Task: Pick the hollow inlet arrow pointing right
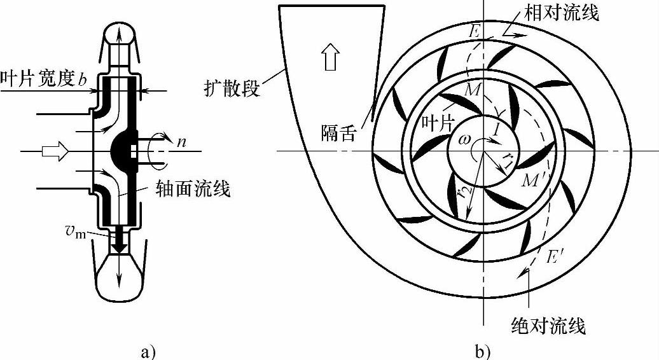point(52,151)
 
